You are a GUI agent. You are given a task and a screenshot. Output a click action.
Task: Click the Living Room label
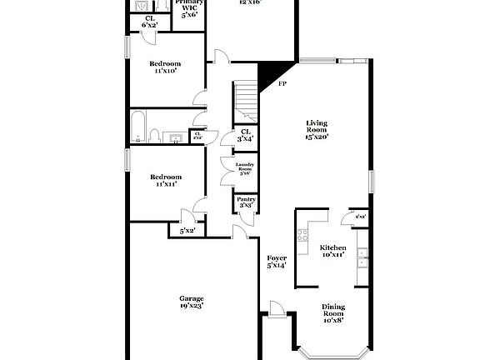[x=316, y=130]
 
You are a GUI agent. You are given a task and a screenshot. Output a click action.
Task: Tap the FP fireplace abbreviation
[x=282, y=84]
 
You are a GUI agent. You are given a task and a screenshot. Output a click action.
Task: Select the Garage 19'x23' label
[x=192, y=302]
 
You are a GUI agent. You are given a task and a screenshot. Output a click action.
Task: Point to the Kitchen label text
[x=332, y=251]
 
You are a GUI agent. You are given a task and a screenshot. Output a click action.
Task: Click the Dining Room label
[x=332, y=312]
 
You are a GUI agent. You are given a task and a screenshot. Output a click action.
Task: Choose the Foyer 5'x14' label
[x=276, y=262]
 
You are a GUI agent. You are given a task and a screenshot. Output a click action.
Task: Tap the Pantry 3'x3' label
[x=246, y=202]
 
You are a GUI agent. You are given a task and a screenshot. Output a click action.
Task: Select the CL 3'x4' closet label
[x=246, y=135]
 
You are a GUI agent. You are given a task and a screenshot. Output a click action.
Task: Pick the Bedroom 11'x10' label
[x=166, y=67]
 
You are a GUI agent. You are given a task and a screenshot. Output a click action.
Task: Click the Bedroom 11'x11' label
[x=166, y=180]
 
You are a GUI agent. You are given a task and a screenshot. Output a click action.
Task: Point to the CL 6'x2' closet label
[x=150, y=22]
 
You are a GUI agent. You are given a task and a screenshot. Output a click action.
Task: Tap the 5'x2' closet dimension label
[x=187, y=230]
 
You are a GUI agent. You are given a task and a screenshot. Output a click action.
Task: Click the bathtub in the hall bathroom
[x=140, y=129]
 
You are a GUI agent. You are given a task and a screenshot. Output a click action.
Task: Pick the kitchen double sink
[x=362, y=262]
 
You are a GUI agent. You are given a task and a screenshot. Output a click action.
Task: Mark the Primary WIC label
[x=190, y=7]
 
